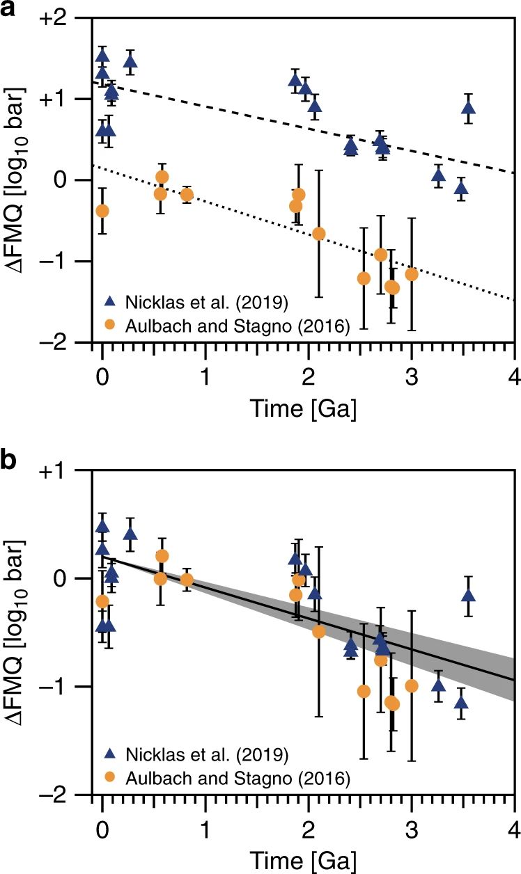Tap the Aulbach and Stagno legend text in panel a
[238, 324]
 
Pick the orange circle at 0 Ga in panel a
[102, 210]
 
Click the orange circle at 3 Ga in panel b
[412, 685]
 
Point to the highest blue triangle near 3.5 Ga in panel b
[468, 595]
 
